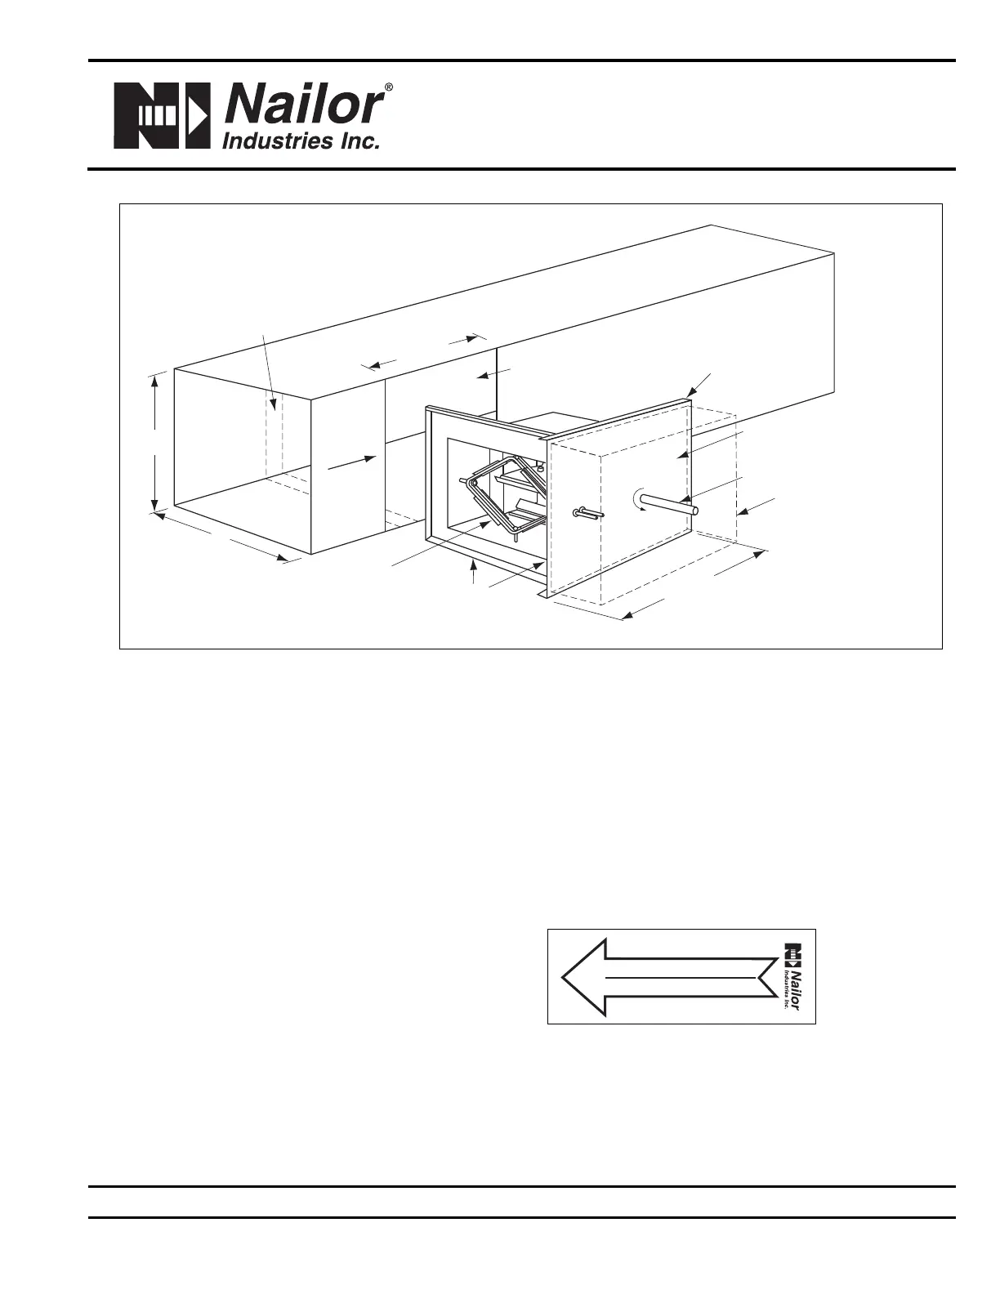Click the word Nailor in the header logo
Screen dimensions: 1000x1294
pos(302,106)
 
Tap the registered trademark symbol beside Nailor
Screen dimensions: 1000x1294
pos(388,87)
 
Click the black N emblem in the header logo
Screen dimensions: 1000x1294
pos(162,115)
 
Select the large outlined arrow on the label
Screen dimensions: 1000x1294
pos(670,977)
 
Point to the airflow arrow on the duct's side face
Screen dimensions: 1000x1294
pos(351,462)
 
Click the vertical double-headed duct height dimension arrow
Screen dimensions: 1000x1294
pos(155,443)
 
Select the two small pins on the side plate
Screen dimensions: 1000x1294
pos(588,513)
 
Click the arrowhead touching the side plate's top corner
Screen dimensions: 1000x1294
pos(690,392)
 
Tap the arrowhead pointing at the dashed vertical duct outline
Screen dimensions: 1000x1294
pos(274,404)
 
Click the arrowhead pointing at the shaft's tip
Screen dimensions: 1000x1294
pos(685,501)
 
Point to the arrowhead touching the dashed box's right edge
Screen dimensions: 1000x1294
pos(742,511)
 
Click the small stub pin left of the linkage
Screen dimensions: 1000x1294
pos(465,480)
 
